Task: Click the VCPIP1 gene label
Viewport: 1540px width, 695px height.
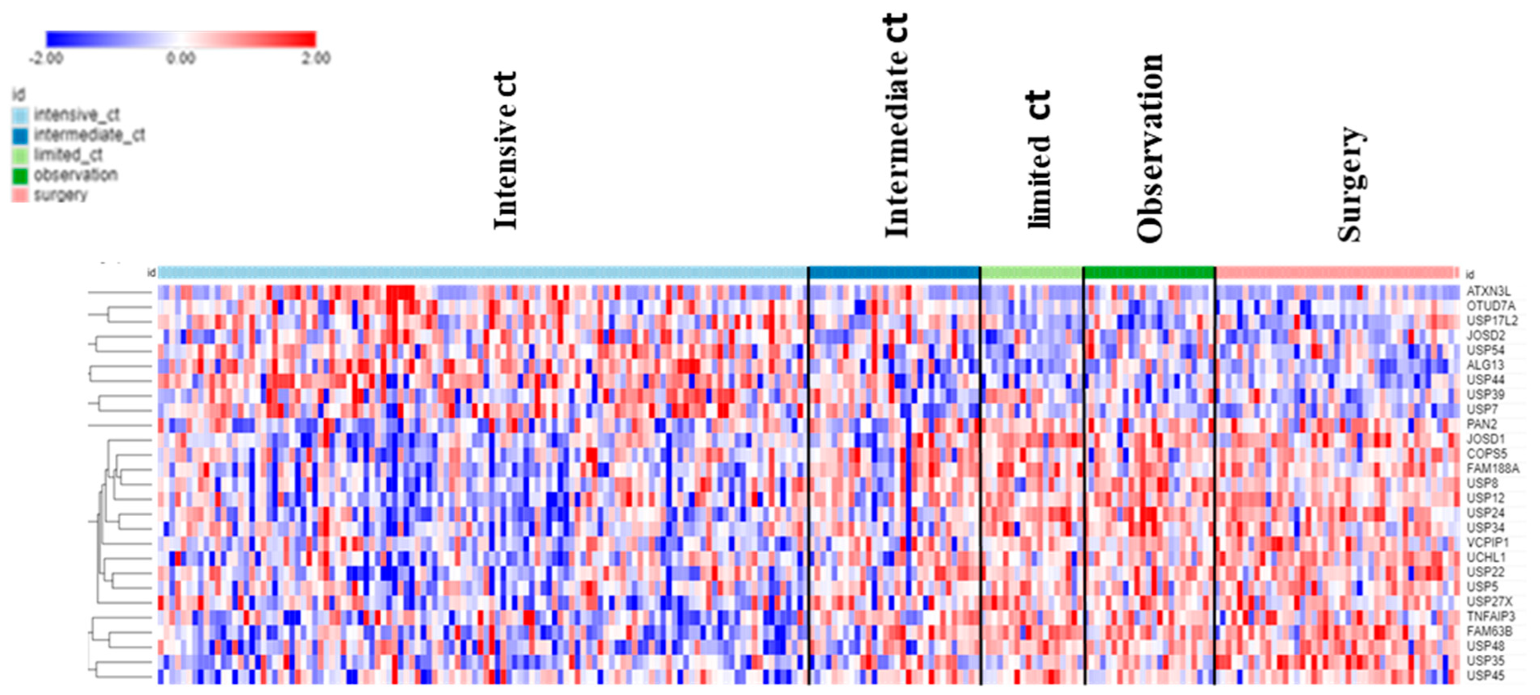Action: coord(1488,543)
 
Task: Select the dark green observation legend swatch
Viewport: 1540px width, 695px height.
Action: coord(20,176)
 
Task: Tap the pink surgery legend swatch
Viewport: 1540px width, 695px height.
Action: coord(20,195)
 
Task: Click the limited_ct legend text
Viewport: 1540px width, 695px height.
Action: coord(68,155)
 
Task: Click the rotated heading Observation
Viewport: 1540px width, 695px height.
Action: coord(1149,148)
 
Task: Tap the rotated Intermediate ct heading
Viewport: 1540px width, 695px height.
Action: coord(896,125)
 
